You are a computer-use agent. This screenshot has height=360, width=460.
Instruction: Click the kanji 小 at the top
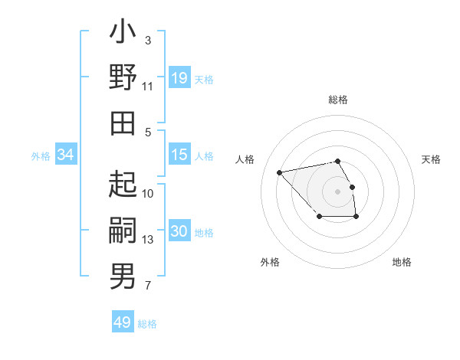point(123,34)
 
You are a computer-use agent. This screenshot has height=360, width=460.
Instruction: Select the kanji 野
point(123,78)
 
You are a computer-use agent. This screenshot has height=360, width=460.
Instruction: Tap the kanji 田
point(123,123)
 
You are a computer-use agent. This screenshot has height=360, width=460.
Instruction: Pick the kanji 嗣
point(123,231)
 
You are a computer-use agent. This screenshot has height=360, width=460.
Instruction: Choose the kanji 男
point(123,276)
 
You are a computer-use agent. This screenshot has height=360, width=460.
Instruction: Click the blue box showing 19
point(179,78)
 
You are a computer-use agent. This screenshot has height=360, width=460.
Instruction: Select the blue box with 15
point(179,155)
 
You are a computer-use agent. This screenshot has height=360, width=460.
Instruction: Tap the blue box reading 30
point(179,231)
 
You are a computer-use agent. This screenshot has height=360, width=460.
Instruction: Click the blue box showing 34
point(66,155)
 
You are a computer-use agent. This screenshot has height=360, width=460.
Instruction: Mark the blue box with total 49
point(123,322)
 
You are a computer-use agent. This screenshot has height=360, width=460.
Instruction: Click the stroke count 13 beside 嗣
point(148,240)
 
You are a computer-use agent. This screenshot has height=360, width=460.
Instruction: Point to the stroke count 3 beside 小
point(148,39)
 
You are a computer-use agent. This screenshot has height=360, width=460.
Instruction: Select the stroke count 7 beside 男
point(148,286)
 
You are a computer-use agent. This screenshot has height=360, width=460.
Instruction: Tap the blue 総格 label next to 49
point(147,324)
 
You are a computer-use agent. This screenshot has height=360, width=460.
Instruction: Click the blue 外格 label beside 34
point(41,156)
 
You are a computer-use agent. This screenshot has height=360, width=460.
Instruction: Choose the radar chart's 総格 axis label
point(338,100)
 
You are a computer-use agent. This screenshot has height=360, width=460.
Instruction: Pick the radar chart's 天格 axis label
point(431,159)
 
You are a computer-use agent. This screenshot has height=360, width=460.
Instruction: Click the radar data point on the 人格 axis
point(280,172)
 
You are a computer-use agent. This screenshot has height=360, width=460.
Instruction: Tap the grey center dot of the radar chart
point(338,191)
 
